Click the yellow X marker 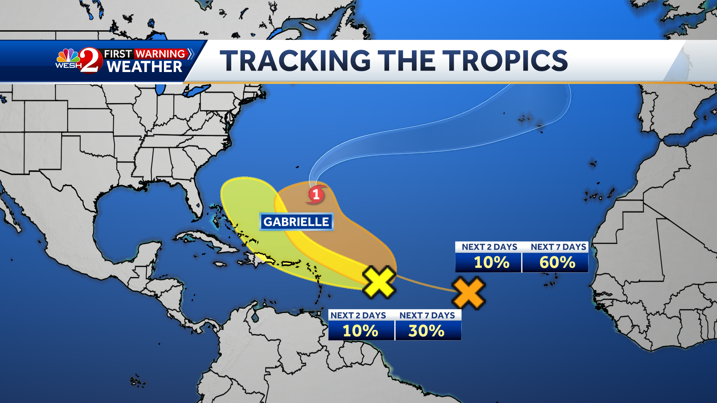[x=379, y=282]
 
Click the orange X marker [x=469, y=293]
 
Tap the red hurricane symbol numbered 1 [x=316, y=194]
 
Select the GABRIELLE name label [x=296, y=222]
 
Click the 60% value [x=557, y=262]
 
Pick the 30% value [x=426, y=331]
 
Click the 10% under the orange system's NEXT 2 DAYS [x=491, y=262]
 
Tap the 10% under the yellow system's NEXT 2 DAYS [x=360, y=331]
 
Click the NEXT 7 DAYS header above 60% [x=558, y=247]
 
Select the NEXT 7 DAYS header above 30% [x=427, y=316]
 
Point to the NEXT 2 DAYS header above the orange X [x=489, y=247]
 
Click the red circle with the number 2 [x=91, y=60]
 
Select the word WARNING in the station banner [x=160, y=54]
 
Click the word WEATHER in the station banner [x=145, y=67]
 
